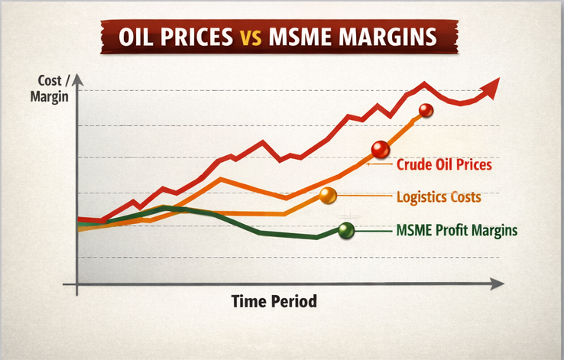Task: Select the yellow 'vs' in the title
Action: pos(254,38)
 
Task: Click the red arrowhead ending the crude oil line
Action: pos(492,86)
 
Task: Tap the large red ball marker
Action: pos(380,150)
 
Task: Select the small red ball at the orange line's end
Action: pos(426,110)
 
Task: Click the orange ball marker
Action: pos(328,196)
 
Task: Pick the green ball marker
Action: pos(346,229)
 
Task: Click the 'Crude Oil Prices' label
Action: pos(443,164)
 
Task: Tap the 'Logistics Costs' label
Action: pos(439,197)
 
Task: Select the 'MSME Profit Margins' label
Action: pos(457,229)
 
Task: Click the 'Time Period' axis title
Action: pos(274,301)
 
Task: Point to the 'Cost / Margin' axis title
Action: pos(47,89)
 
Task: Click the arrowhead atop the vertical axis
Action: pos(76,79)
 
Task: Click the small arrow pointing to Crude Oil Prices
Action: pos(379,163)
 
